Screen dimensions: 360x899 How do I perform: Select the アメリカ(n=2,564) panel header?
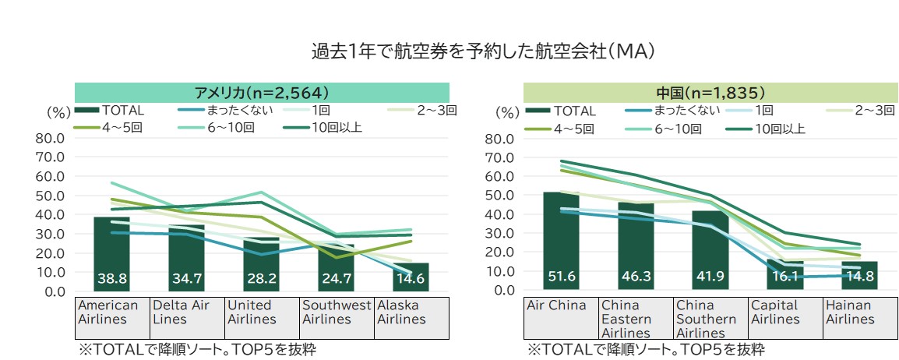point(262,91)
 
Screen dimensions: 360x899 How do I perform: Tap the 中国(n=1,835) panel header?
point(710,92)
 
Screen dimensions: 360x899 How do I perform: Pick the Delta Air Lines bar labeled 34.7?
point(186,258)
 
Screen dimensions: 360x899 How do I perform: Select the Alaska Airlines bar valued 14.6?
point(411,277)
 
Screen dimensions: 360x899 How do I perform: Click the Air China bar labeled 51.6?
point(560,242)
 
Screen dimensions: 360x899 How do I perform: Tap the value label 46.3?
point(635,277)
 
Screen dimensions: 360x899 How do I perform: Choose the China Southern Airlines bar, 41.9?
point(710,250)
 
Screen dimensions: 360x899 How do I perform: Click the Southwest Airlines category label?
point(337,312)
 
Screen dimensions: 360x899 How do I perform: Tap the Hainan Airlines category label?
point(849,312)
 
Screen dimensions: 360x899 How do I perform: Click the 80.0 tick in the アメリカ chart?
point(52,139)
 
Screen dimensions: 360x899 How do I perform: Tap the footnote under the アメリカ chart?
point(196,349)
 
